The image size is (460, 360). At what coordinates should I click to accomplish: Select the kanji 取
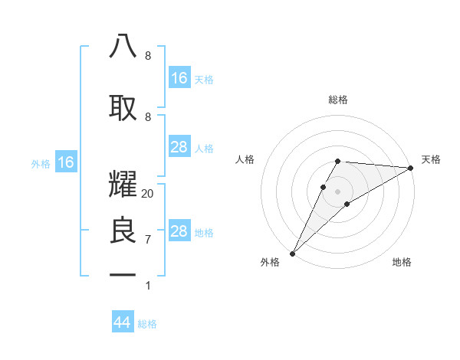pyautogui.click(x=123, y=106)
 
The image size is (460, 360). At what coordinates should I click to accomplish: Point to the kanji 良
pyautogui.click(x=123, y=231)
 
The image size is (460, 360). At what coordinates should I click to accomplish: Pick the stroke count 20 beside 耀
pyautogui.click(x=147, y=194)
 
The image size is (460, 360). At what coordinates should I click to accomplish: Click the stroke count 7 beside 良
pyautogui.click(x=147, y=240)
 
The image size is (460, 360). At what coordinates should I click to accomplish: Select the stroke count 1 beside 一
pyautogui.click(x=147, y=286)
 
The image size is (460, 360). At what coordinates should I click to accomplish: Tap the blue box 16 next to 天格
pyautogui.click(x=179, y=78)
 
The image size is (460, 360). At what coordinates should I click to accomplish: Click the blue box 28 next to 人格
pyautogui.click(x=179, y=147)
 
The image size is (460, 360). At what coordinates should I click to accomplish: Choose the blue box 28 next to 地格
pyautogui.click(x=179, y=231)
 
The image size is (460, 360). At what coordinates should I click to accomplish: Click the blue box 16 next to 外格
pyautogui.click(x=65, y=162)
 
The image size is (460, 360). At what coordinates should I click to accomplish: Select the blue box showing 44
pyautogui.click(x=123, y=323)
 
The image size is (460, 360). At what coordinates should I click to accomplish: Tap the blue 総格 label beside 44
pyautogui.click(x=148, y=324)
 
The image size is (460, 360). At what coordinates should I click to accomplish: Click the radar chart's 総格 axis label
pyautogui.click(x=337, y=100)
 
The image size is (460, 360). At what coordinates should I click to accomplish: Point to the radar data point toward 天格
pyautogui.click(x=411, y=168)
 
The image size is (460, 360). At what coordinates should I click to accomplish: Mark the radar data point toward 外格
pyautogui.click(x=292, y=254)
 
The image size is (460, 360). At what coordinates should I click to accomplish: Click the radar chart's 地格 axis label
pyautogui.click(x=402, y=262)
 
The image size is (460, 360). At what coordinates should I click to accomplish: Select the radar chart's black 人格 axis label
pyautogui.click(x=245, y=159)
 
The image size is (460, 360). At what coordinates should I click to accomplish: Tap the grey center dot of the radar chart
pyautogui.click(x=337, y=191)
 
